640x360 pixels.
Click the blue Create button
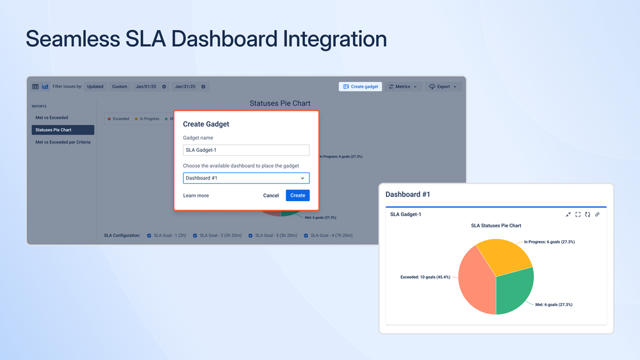pyautogui.click(x=297, y=195)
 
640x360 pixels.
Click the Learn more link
pyautogui.click(x=196, y=195)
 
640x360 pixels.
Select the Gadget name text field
pyautogui.click(x=246, y=150)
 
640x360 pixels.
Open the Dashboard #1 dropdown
pyautogui.click(x=246, y=178)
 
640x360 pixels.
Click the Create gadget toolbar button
pyautogui.click(x=361, y=86)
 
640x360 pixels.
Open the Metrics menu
pyautogui.click(x=403, y=86)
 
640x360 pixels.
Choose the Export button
pyautogui.click(x=443, y=86)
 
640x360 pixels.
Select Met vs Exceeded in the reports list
pyautogui.click(x=52, y=118)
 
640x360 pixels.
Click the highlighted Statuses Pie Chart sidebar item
pyautogui.click(x=63, y=130)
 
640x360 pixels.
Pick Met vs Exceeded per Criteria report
pyautogui.click(x=63, y=142)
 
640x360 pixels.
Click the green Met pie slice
pyautogui.click(x=515, y=291)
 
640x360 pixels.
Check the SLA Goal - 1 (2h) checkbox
pyautogui.click(x=149, y=236)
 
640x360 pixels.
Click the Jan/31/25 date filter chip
pyautogui.click(x=185, y=86)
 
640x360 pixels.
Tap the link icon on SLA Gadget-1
pyautogui.click(x=597, y=215)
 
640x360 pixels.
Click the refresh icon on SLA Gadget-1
pyautogui.click(x=587, y=215)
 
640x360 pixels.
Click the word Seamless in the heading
pyautogui.click(x=73, y=39)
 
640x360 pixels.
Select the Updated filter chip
pyautogui.click(x=95, y=86)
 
